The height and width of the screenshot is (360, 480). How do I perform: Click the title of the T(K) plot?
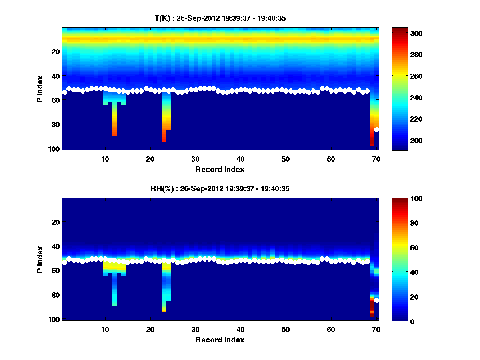pos(220,18)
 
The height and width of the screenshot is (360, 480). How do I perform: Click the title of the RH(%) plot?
pos(220,189)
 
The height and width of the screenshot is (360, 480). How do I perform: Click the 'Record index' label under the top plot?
pos(220,169)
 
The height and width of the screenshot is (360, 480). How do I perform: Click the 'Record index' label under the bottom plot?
pos(220,340)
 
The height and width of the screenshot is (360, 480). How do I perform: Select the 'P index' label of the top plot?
pos(40,89)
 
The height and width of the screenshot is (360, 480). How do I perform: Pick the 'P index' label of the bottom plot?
pos(40,259)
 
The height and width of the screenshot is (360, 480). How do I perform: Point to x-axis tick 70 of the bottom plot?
pos(376,329)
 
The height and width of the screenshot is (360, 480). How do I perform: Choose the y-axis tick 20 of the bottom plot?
pos(56,222)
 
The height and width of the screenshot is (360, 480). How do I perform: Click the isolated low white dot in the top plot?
pos(376,130)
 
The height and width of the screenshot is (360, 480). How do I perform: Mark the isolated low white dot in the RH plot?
pos(376,300)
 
